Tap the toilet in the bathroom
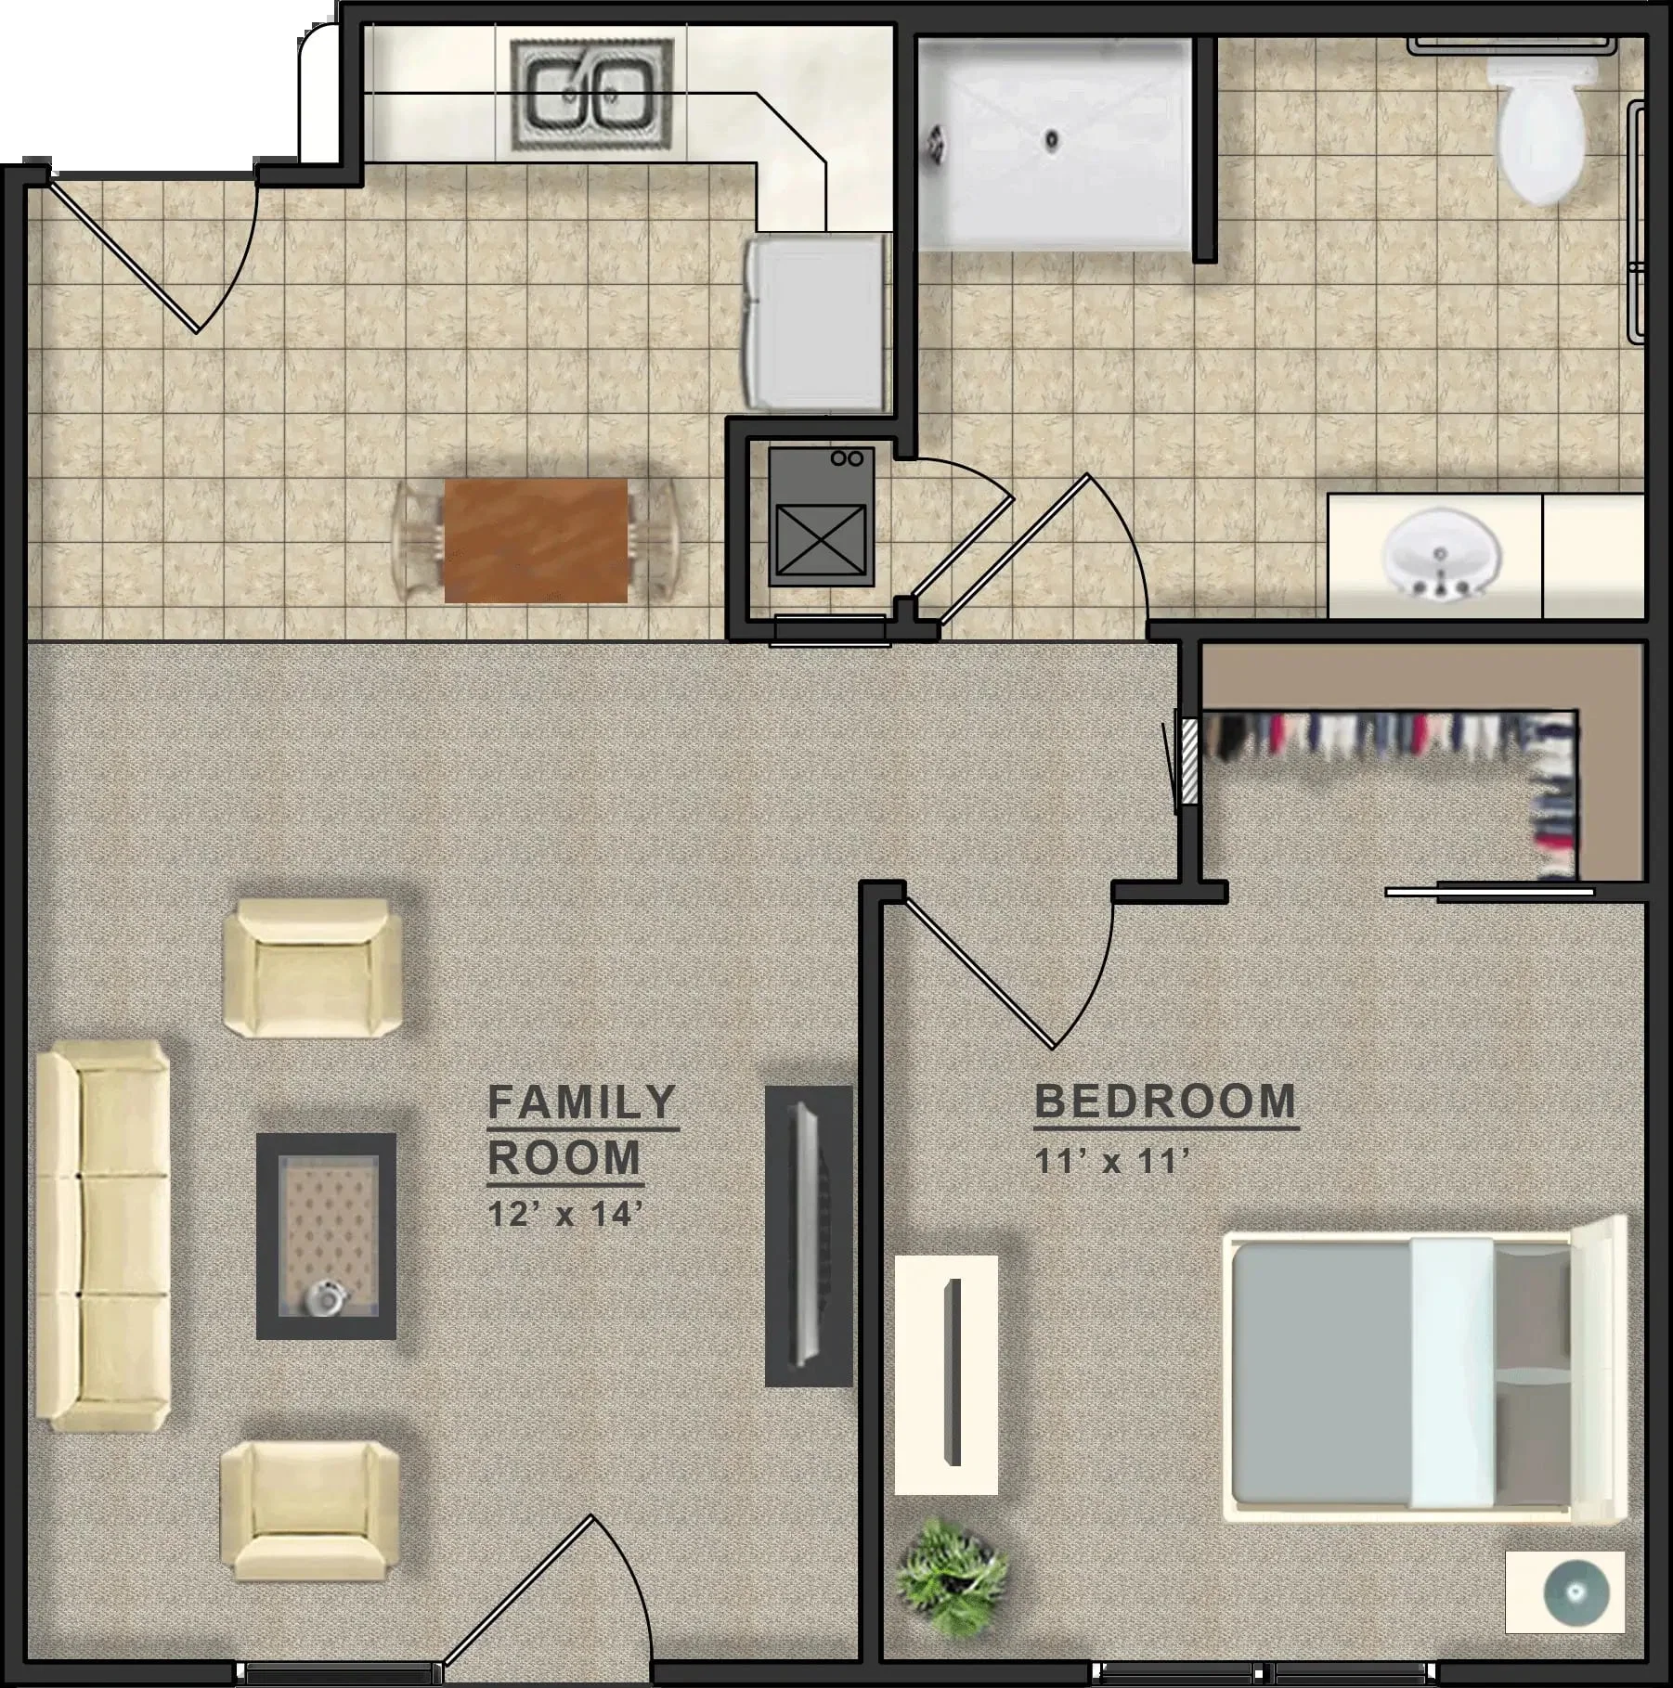coord(1542,125)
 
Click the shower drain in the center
coord(1051,140)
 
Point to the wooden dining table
coord(536,541)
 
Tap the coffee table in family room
coord(326,1236)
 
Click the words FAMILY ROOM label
coord(582,1130)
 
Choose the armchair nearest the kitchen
coord(314,967)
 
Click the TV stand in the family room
coord(809,1237)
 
